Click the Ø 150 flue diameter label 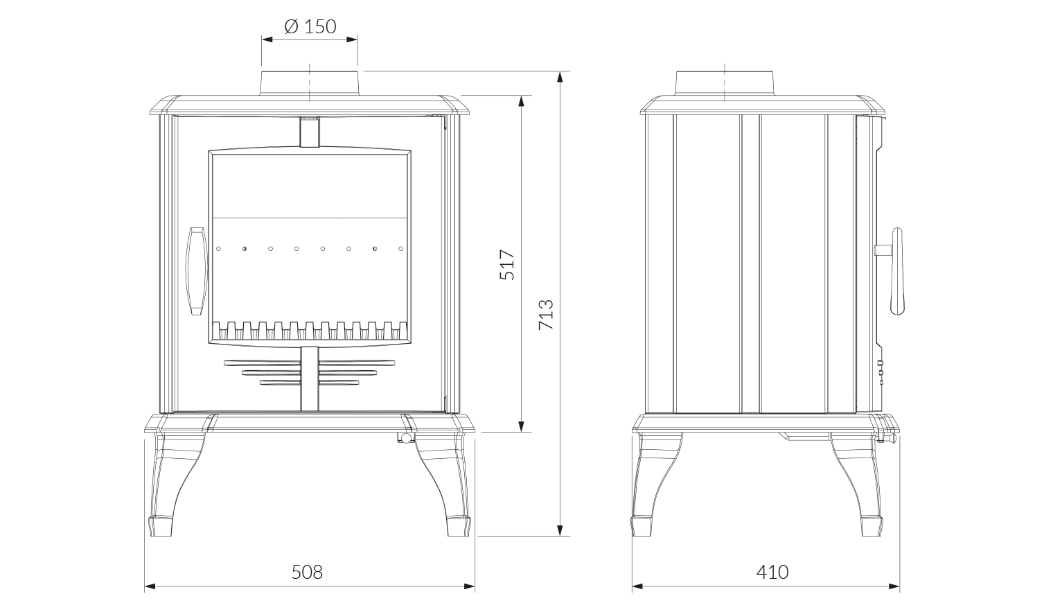[x=310, y=26]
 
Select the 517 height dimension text [x=507, y=265]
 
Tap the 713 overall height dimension [x=546, y=314]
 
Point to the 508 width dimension [x=307, y=572]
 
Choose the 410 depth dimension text [x=772, y=572]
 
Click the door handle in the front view [x=197, y=271]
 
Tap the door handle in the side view [x=892, y=271]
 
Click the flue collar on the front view [x=310, y=83]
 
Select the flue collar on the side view [x=725, y=83]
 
